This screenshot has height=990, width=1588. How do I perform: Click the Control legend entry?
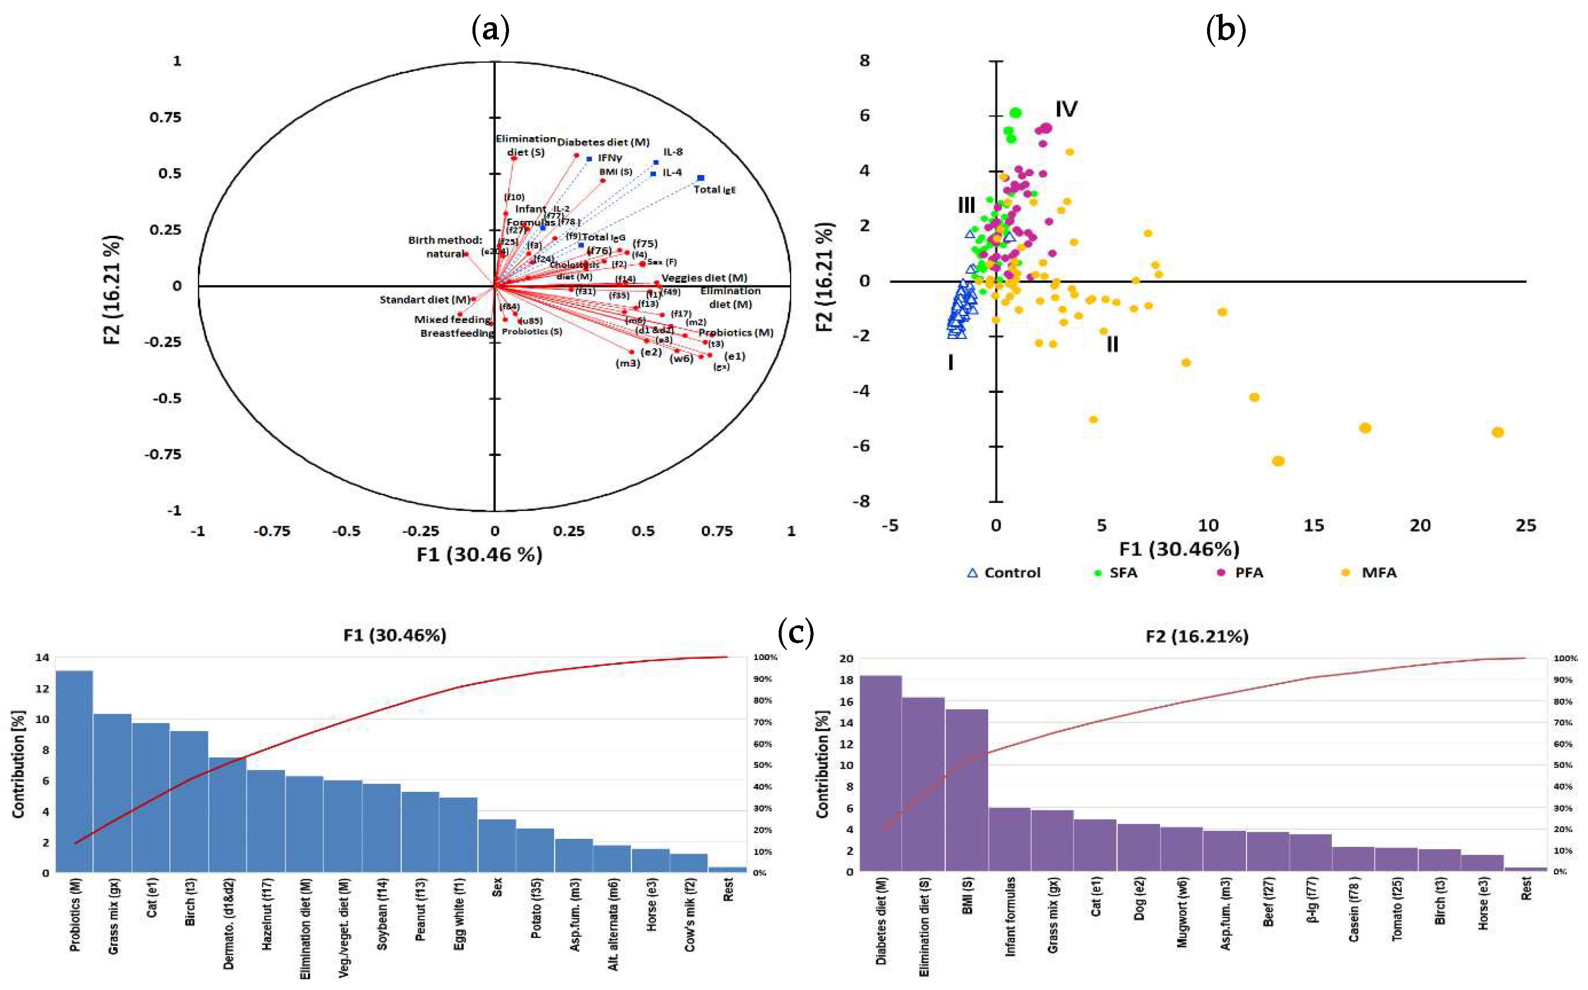click(1004, 573)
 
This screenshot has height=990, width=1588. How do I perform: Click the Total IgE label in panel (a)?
click(714, 190)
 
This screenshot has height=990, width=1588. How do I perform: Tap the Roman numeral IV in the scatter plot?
click(1066, 109)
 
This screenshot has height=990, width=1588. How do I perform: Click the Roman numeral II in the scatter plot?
click(1112, 344)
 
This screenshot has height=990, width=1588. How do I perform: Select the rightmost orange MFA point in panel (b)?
click(1498, 432)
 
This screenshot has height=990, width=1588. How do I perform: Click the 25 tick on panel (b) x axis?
click(1526, 526)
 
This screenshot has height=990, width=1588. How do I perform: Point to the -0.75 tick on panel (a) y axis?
click(163, 454)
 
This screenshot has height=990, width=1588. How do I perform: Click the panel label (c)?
click(795, 633)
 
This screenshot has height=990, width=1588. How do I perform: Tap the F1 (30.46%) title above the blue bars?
click(395, 636)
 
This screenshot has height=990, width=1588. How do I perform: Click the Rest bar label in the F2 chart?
click(1526, 890)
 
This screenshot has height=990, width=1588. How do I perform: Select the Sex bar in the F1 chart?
click(497, 845)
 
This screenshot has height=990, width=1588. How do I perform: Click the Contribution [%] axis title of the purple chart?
click(822, 764)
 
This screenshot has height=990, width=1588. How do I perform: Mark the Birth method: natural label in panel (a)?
click(445, 247)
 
